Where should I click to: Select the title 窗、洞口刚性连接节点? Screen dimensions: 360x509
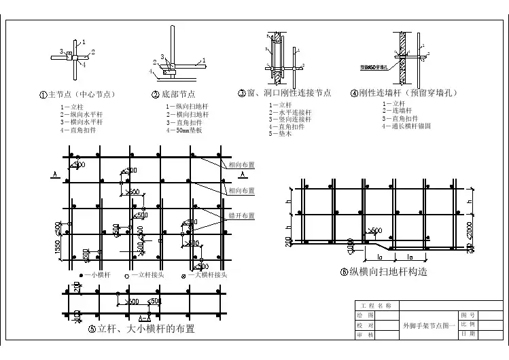[288, 93]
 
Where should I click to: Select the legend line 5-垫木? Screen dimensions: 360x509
[281, 134]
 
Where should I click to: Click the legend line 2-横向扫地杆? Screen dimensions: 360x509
[187, 114]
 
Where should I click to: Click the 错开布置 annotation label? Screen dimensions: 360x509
[241, 215]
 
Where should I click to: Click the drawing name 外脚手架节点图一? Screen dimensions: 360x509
[429, 325]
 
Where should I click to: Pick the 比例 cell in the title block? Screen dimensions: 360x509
[468, 325]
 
